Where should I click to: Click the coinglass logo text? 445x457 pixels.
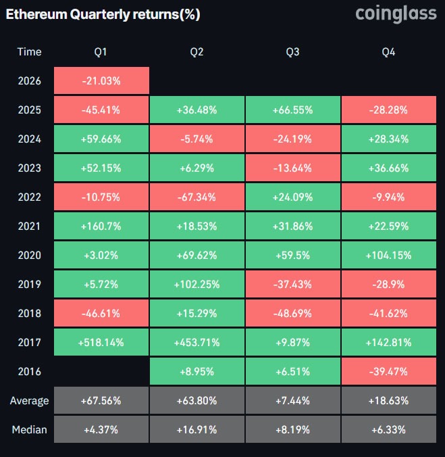coord(396,14)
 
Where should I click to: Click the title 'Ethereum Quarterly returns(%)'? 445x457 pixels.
coord(103,14)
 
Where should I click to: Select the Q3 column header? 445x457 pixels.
coord(293,52)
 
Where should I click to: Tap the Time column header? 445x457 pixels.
coord(29,52)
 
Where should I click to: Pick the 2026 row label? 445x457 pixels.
coord(29,81)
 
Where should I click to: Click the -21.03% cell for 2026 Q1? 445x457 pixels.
coord(101,81)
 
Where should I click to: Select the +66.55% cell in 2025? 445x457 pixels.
coord(293,110)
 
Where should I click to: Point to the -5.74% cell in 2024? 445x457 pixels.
coord(197,139)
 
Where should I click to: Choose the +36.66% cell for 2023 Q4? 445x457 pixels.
coord(389,168)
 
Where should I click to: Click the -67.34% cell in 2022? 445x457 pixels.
coord(197,197)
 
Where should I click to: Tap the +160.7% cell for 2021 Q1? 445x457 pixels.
coord(101,226)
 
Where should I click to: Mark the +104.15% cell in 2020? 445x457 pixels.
coord(389,256)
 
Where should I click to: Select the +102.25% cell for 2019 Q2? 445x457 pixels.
coord(197,285)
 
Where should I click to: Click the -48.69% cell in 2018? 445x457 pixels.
coord(293,314)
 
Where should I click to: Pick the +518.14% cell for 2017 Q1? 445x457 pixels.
coord(101,343)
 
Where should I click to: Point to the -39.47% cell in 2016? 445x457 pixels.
coord(389,372)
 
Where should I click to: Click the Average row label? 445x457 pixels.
coord(29,401)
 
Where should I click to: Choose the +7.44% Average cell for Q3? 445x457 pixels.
coord(293,401)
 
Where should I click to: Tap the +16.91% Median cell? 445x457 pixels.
coord(197,430)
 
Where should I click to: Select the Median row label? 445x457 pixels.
coord(29,430)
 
